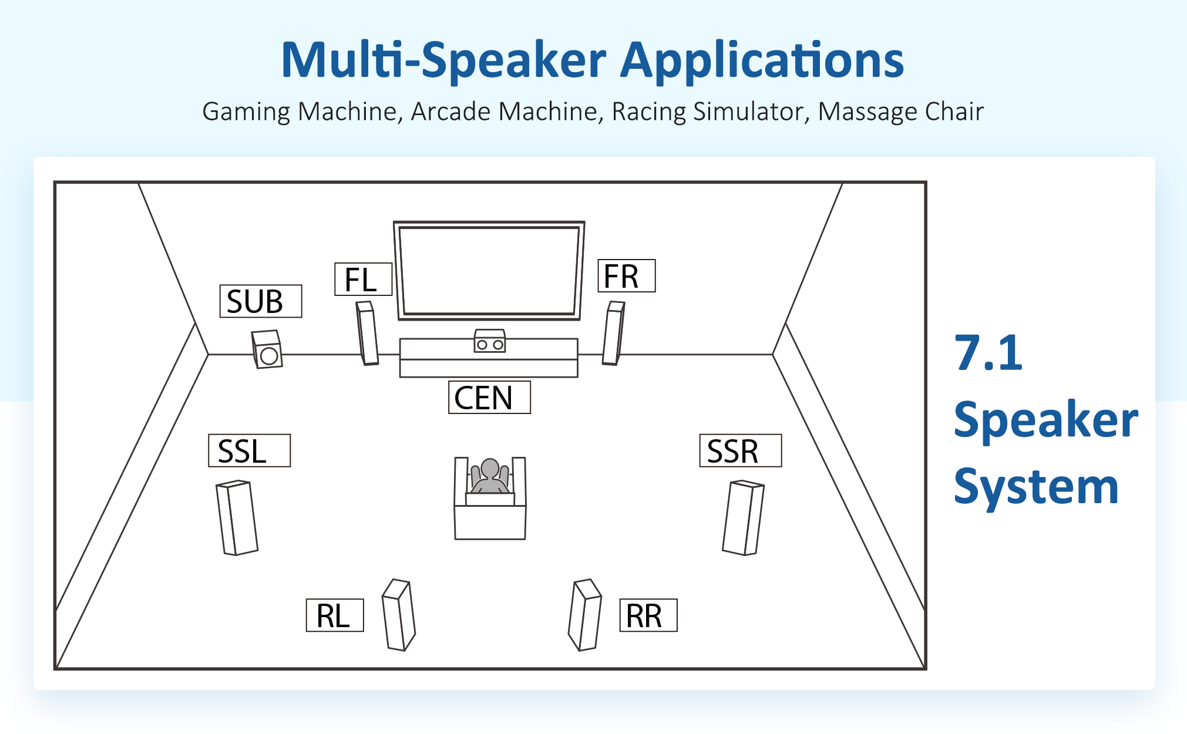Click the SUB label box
click(261, 301)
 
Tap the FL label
click(363, 279)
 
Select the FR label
click(626, 275)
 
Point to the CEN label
click(489, 398)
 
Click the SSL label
click(249, 450)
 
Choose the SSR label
click(740, 450)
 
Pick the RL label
click(335, 615)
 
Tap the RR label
click(648, 615)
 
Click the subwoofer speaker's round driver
click(269, 356)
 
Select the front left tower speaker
click(367, 333)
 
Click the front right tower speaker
click(613, 333)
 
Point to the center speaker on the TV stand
click(490, 341)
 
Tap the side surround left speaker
click(237, 518)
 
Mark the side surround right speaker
click(743, 518)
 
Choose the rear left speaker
click(399, 615)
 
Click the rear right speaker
click(585, 615)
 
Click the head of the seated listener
click(490, 469)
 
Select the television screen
click(489, 271)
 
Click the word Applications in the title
click(762, 61)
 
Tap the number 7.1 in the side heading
click(989, 353)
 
